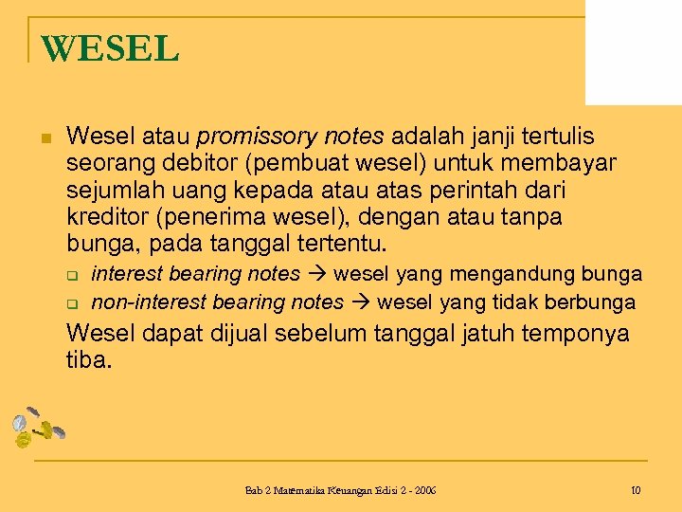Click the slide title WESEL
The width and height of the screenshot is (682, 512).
click(110, 48)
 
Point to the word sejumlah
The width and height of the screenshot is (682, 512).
click(107, 192)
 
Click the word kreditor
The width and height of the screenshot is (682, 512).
click(104, 218)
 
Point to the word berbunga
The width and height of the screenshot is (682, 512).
click(595, 302)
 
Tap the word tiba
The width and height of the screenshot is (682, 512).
click(89, 360)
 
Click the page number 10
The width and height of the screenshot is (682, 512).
click(635, 491)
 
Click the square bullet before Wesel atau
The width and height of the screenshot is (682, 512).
click(45, 139)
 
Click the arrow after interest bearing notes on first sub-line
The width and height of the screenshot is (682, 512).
click(317, 275)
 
